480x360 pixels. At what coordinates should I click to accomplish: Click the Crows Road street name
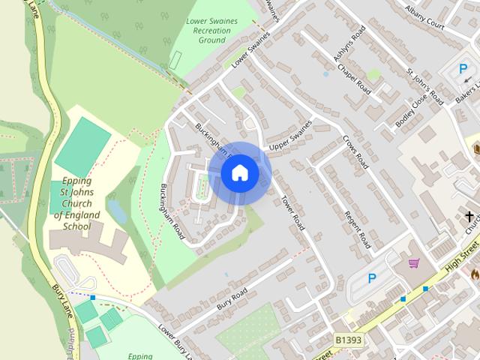click(355, 151)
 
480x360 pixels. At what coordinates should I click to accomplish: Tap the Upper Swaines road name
click(289, 134)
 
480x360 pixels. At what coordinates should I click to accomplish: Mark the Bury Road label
click(232, 298)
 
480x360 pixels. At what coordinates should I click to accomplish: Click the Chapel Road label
click(354, 77)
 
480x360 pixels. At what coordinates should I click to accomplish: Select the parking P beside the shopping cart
click(372, 278)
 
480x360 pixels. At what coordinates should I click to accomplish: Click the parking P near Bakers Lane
click(463, 69)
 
